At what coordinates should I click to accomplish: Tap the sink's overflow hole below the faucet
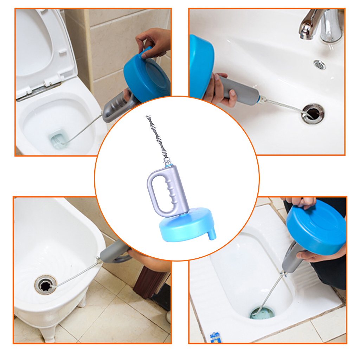[x=320, y=65]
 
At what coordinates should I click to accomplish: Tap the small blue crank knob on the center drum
[x=212, y=234]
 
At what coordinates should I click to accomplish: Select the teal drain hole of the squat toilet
[x=262, y=313]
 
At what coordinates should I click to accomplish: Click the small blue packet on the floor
[x=215, y=337]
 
